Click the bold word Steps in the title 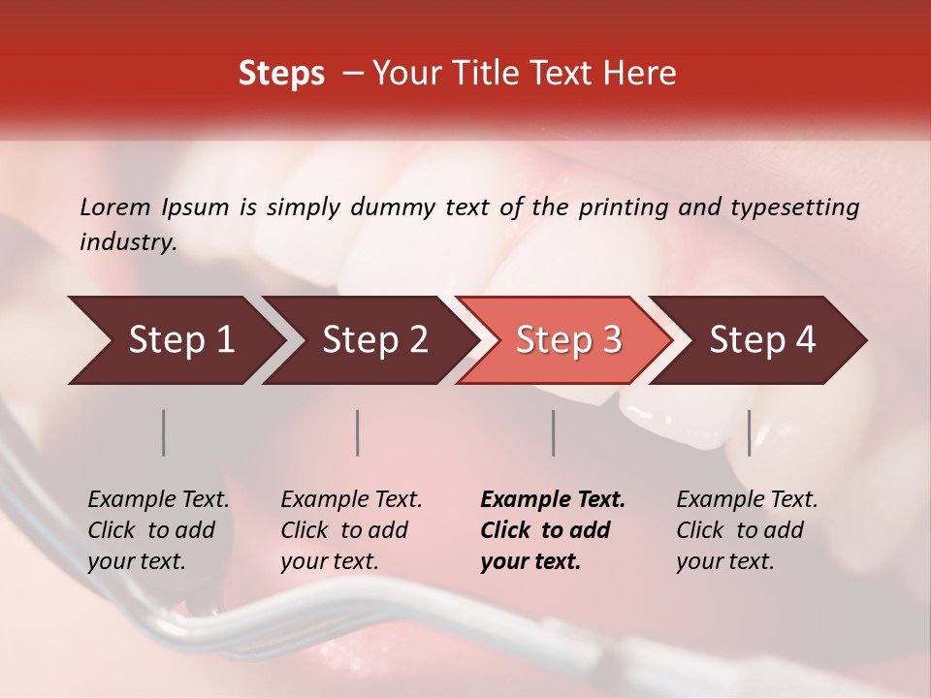click(281, 74)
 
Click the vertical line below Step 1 click(164, 432)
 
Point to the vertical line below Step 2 click(358, 432)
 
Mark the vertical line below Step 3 click(553, 432)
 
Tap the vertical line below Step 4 click(749, 432)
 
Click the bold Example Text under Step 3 click(553, 500)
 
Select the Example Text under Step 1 click(158, 500)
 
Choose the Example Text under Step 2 click(351, 500)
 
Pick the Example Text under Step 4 click(747, 500)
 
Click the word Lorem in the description click(115, 206)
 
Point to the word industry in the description click(128, 242)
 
